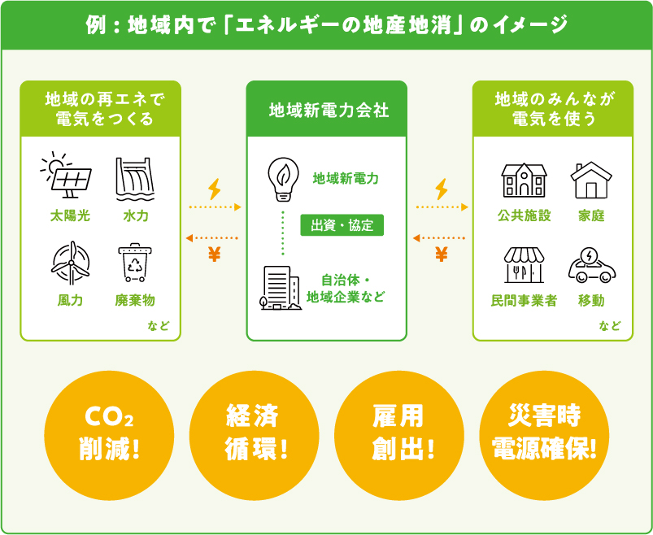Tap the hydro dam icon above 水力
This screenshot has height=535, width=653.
coord(135,179)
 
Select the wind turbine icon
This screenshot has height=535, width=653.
coord(71,263)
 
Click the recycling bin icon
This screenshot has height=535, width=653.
coord(135,263)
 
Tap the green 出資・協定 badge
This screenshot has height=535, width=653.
coord(342,225)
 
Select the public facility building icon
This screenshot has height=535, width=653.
coord(524,180)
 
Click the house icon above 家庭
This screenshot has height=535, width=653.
coord(591,180)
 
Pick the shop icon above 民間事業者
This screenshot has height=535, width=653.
coord(524,265)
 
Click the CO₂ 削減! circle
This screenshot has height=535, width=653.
coord(109,436)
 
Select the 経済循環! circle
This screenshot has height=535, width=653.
coord(254,436)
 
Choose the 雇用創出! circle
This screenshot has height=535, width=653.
coord(399,436)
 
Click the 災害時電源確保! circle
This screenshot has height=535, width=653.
coord(544,436)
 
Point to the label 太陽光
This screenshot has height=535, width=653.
coord(70,215)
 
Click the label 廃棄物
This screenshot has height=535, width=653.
coord(135,300)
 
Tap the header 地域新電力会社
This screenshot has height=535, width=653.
coord(329,111)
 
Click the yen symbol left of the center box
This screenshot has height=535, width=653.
coord(214,254)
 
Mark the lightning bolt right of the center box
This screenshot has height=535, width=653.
coord(442,189)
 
